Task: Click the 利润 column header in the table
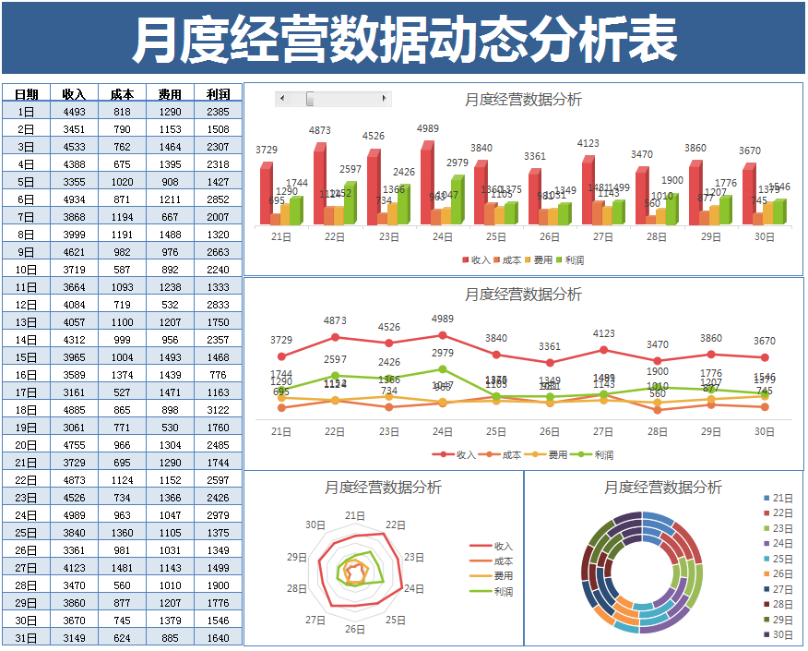219,94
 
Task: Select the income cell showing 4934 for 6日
74,199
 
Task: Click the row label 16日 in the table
26,375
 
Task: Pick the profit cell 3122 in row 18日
219,410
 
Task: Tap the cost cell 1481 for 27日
122,568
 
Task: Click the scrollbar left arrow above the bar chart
281,99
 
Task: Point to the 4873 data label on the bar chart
320,131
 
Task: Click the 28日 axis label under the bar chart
656,237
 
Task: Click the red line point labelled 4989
443,335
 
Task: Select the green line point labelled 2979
443,369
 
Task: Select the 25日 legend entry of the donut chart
782,559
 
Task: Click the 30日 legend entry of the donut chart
782,634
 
